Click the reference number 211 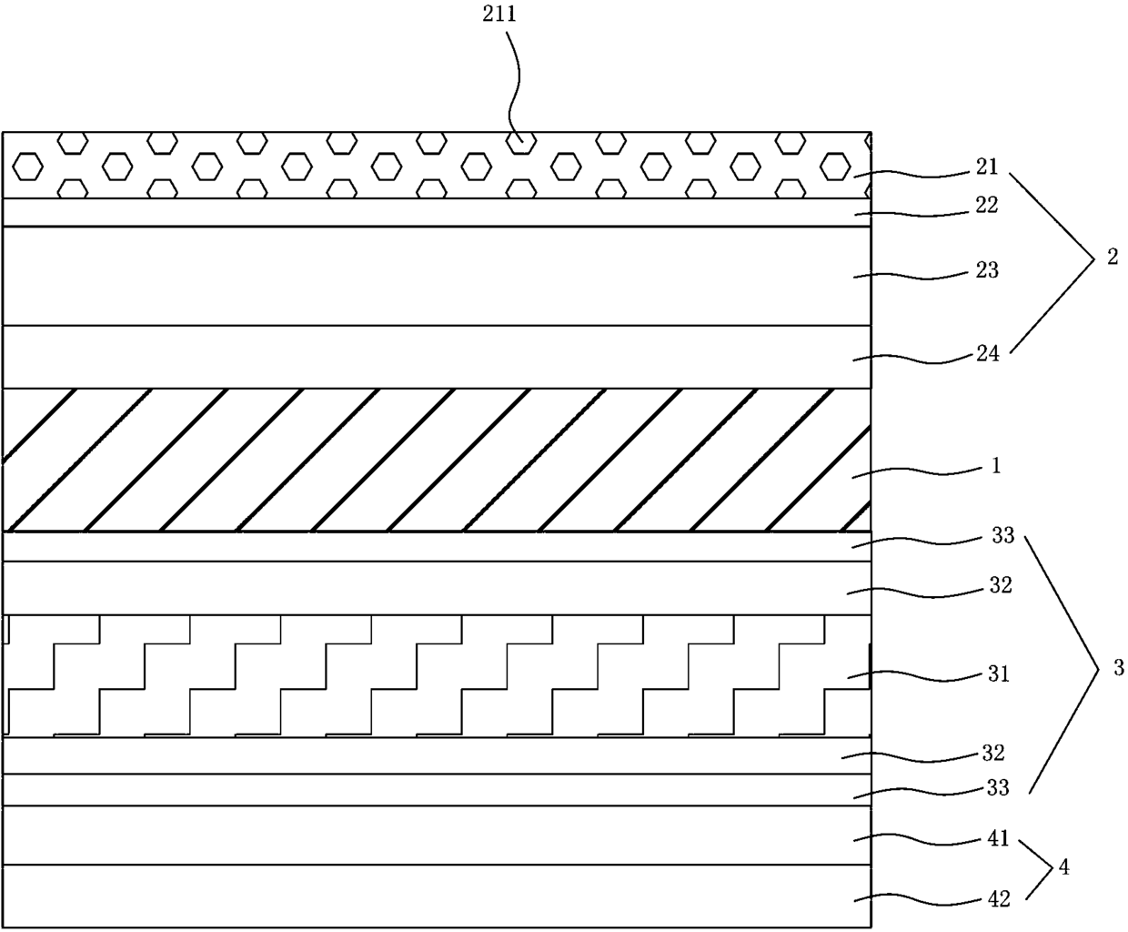coord(507,15)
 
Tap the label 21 coord(986,167)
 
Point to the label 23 coord(986,270)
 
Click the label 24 coord(987,353)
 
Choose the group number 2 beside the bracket coord(1112,258)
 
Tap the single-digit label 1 coord(997,466)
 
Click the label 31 coord(998,674)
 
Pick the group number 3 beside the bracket coord(1118,669)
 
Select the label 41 coord(999,838)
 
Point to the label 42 coord(999,899)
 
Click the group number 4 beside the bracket coord(1064,867)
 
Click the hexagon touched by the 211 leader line coord(520,142)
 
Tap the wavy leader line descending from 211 coord(514,82)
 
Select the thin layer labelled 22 coord(437,212)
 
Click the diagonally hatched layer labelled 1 coord(437,460)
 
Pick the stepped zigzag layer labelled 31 coord(437,675)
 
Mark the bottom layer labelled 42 coord(437,896)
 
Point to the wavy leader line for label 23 coord(910,272)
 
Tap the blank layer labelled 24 coord(437,357)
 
